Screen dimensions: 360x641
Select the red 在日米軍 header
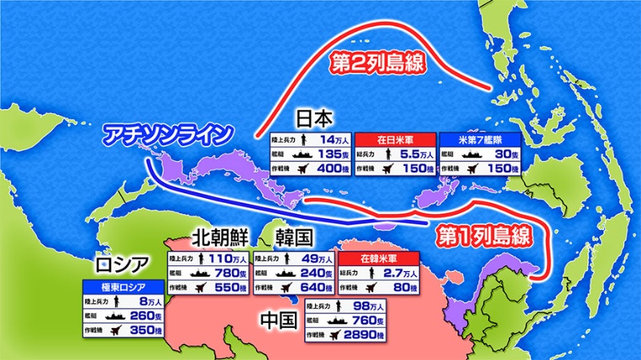click(x=397, y=139)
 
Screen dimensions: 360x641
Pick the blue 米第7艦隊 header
click(x=478, y=139)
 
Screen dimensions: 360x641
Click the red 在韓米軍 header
click(x=378, y=259)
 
